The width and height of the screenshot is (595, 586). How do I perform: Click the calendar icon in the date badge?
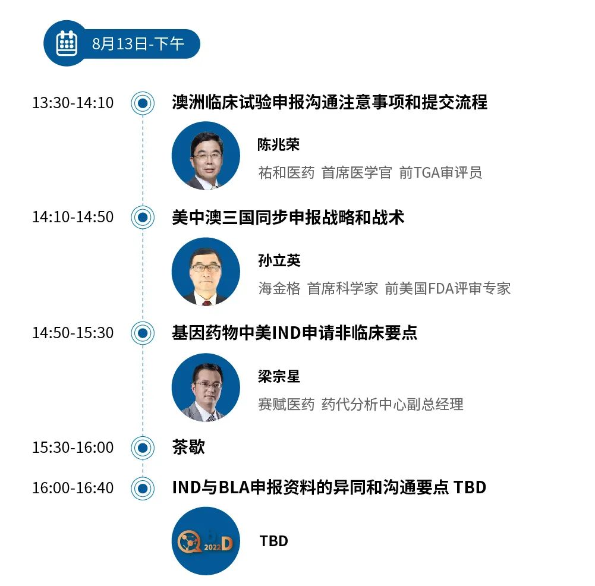(67, 43)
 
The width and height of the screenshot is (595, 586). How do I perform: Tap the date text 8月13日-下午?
(138, 43)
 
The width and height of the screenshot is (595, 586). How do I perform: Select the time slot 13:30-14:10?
(73, 103)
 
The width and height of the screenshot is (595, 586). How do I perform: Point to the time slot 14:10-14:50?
(73, 217)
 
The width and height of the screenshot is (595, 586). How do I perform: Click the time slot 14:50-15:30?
(73, 333)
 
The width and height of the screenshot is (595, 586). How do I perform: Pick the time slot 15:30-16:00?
(73, 448)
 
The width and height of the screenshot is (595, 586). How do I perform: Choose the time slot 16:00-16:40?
(73, 488)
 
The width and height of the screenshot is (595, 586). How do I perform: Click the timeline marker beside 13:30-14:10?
(143, 103)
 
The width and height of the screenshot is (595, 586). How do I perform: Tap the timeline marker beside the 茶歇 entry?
(143, 448)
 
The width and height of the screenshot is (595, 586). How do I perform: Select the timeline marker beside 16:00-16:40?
(143, 488)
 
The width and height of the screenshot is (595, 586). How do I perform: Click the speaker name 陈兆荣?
(279, 144)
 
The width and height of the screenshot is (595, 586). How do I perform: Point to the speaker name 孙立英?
(279, 260)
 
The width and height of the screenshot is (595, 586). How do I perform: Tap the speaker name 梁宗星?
(279, 377)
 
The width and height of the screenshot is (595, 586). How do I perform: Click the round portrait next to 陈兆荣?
(206, 156)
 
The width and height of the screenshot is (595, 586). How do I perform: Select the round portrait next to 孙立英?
(206, 272)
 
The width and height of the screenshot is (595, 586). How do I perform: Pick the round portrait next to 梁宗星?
(206, 387)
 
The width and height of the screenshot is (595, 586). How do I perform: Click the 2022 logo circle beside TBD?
(206, 541)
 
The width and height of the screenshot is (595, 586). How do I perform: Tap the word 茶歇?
(188, 447)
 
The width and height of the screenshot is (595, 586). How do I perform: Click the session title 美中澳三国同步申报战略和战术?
(288, 218)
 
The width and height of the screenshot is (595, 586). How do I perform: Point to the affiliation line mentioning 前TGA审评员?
(370, 173)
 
